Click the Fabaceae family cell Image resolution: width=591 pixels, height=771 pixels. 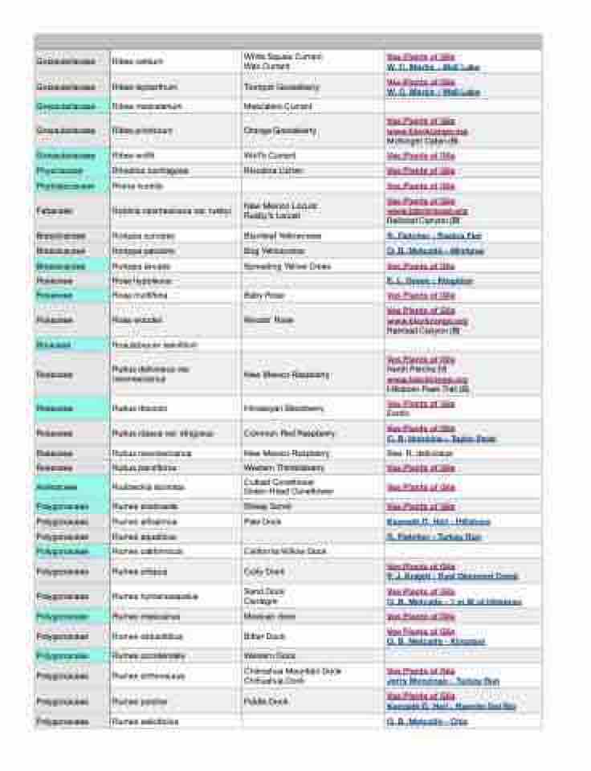pos(71,211)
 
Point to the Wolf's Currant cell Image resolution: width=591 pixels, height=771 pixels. pos(270,156)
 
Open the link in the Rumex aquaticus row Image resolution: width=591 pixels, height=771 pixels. pos(434,536)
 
